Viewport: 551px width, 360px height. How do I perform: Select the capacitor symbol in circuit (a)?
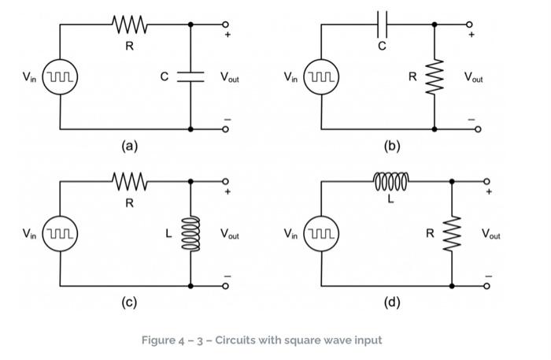pyautogui.click(x=190, y=76)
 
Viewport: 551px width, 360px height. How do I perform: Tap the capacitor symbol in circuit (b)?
pyautogui.click(x=382, y=24)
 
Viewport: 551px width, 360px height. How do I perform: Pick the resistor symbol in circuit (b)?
pyautogui.click(x=435, y=77)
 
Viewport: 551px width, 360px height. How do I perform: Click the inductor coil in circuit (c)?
pyautogui.click(x=190, y=233)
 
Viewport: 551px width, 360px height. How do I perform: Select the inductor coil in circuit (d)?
pyautogui.click(x=390, y=181)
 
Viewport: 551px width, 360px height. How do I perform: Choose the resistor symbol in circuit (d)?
pyautogui.click(x=452, y=233)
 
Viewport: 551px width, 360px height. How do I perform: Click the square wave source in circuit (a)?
pyautogui.click(x=60, y=78)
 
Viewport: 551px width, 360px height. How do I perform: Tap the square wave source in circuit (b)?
pyautogui.click(x=321, y=78)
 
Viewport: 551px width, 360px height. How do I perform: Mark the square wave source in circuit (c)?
pyautogui.click(x=60, y=234)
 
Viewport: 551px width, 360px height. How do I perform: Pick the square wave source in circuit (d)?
pyautogui.click(x=321, y=234)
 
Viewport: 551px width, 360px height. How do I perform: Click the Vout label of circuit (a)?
pyautogui.click(x=230, y=78)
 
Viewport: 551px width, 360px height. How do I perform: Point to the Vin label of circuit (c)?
pyautogui.click(x=29, y=234)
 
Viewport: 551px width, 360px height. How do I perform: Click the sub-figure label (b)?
pyautogui.click(x=391, y=146)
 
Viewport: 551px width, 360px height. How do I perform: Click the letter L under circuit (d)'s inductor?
pyautogui.click(x=390, y=199)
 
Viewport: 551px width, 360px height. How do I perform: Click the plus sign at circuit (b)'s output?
pyautogui.click(x=471, y=35)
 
